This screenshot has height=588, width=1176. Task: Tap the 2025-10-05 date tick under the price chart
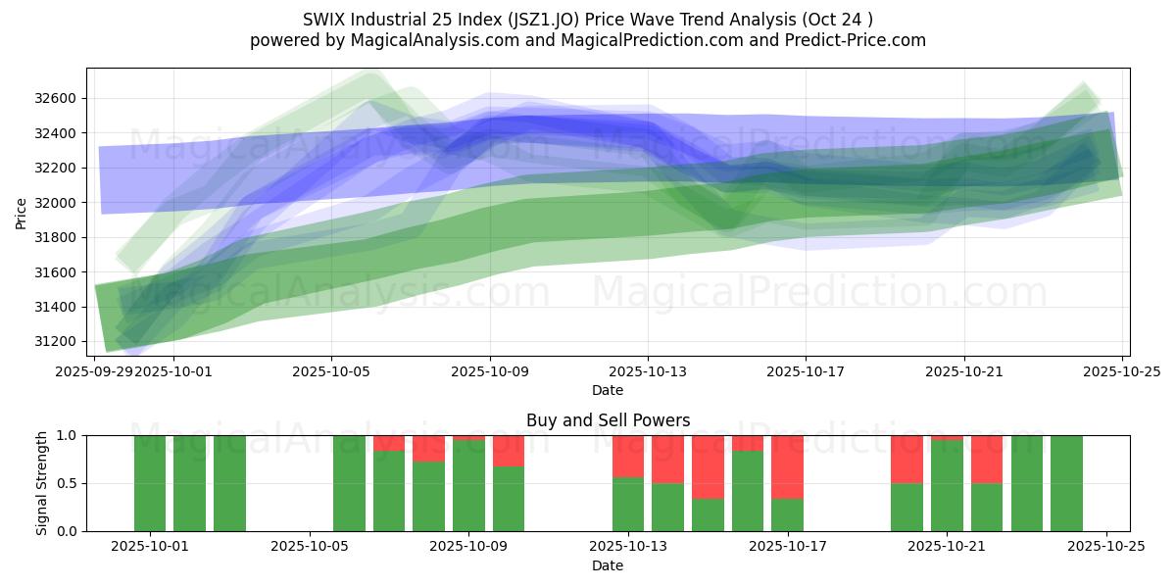pos(331,372)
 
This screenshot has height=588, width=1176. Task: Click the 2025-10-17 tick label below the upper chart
pos(805,372)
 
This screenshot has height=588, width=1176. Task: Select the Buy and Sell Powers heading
pos(608,420)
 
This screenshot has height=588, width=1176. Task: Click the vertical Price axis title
pos(22,212)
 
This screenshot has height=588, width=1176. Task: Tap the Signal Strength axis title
pos(41,483)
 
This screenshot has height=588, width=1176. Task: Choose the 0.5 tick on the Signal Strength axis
pos(69,483)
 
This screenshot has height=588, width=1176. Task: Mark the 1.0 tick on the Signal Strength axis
pos(69,435)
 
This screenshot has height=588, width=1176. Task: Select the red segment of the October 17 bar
pos(787,466)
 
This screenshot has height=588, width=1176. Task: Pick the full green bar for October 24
pos(1066,483)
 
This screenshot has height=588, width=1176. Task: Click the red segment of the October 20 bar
pos(906,459)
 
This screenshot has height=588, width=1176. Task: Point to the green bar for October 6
pos(349,483)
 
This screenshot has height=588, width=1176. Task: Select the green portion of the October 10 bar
pos(509,499)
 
